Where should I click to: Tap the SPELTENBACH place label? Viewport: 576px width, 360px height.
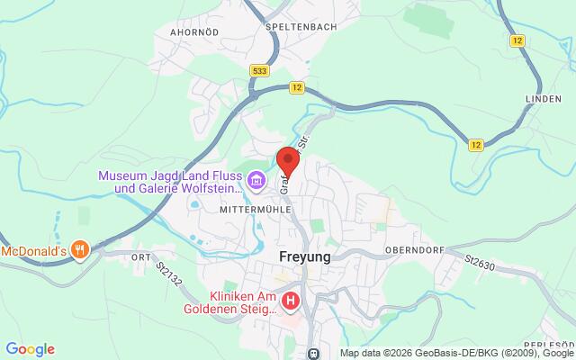click(x=301, y=27)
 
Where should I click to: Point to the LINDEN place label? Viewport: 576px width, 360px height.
click(x=546, y=96)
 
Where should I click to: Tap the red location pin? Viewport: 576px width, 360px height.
click(x=288, y=159)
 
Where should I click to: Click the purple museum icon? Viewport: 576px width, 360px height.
click(x=257, y=183)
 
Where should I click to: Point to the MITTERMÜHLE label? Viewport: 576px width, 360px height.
click(x=249, y=208)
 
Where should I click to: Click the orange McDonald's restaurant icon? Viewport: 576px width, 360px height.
click(x=79, y=249)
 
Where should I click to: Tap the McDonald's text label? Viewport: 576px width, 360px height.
click(x=32, y=249)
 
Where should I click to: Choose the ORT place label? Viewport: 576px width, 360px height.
click(x=139, y=256)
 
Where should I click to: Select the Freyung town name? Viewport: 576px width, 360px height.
click(x=299, y=256)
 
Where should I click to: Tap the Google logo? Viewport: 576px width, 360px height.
click(x=30, y=349)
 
